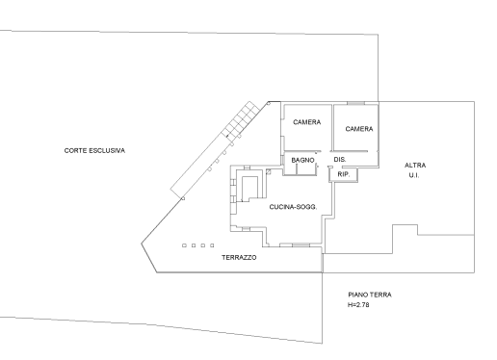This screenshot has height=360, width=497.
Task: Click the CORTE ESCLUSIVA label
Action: tap(94, 150)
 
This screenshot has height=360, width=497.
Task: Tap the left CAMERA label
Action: tap(307, 122)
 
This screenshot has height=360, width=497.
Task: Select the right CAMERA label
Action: tap(359, 128)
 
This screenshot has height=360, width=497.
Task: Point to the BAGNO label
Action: tap(304, 160)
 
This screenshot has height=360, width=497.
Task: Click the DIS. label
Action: tap(339, 160)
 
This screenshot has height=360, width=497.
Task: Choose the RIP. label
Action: tap(343, 174)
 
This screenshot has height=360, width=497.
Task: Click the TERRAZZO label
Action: tap(239, 258)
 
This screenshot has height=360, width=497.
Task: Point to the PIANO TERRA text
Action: tap(370, 295)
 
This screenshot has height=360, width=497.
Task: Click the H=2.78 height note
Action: tap(359, 305)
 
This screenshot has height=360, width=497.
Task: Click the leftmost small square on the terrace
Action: tap(184, 245)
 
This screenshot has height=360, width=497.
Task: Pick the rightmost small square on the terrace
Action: tap(212, 245)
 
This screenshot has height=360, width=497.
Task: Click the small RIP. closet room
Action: tap(344, 174)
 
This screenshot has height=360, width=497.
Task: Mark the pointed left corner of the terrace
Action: tap(142, 241)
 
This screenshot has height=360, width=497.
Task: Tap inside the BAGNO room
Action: tap(304, 166)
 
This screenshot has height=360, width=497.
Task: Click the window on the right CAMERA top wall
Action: tap(356, 103)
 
